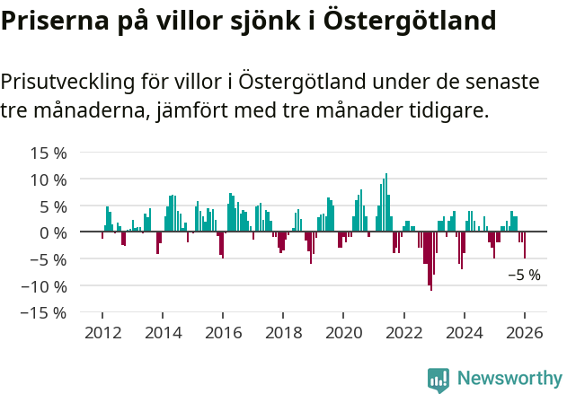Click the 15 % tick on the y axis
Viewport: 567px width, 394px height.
pyautogui.click(x=49, y=153)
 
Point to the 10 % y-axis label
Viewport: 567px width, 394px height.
pyautogui.click(x=49, y=179)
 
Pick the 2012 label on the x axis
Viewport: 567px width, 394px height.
pyautogui.click(x=102, y=332)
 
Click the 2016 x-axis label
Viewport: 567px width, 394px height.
pyautogui.click(x=223, y=332)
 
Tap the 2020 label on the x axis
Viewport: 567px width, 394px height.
pyautogui.click(x=343, y=332)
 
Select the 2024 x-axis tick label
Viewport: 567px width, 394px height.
pyautogui.click(x=464, y=332)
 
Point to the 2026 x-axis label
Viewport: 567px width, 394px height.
pyautogui.click(x=524, y=332)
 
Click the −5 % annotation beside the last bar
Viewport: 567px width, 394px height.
pyautogui.click(x=524, y=276)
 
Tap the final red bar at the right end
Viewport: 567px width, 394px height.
pyautogui.click(x=525, y=245)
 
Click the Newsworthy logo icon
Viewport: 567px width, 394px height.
pyautogui.click(x=439, y=379)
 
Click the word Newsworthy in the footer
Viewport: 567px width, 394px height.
pyautogui.click(x=509, y=379)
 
